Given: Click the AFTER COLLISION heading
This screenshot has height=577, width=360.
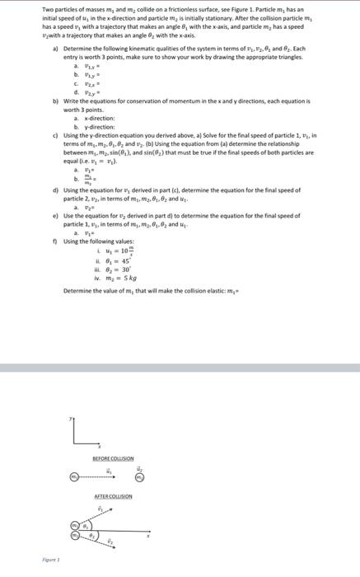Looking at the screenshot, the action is click(x=115, y=496).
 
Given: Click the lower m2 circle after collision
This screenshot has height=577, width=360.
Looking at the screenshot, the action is click(x=72, y=537).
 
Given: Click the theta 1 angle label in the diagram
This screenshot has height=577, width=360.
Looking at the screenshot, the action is click(x=82, y=525).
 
